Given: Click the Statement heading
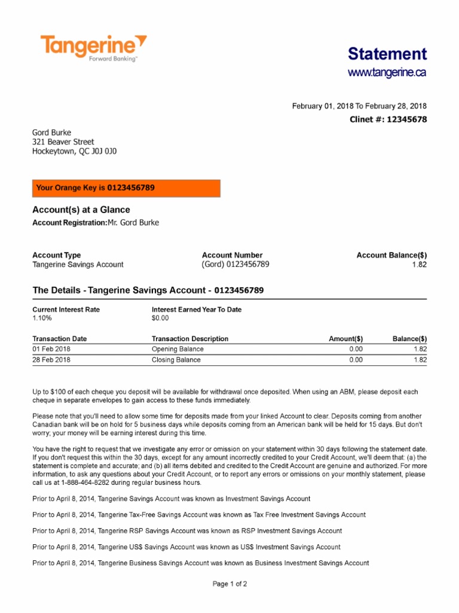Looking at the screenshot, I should point(387,54).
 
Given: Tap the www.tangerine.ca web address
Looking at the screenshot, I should point(387,73).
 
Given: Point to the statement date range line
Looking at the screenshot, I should point(359,106).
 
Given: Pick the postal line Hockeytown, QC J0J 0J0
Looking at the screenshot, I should point(74,151).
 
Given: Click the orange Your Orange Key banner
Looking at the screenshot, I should point(126,188).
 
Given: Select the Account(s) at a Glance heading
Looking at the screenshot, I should point(81,210).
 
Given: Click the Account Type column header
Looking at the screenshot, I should point(56,255).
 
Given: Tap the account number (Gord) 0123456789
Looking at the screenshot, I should point(235,265).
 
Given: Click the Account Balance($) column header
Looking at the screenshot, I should point(391,255).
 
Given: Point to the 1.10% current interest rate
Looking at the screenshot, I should point(42,319).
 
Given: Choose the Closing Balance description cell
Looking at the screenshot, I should point(176,360).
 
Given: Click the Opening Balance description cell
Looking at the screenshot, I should point(178,349).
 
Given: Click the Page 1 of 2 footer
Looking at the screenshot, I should point(229,584).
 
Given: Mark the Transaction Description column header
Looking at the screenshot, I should point(190,339).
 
